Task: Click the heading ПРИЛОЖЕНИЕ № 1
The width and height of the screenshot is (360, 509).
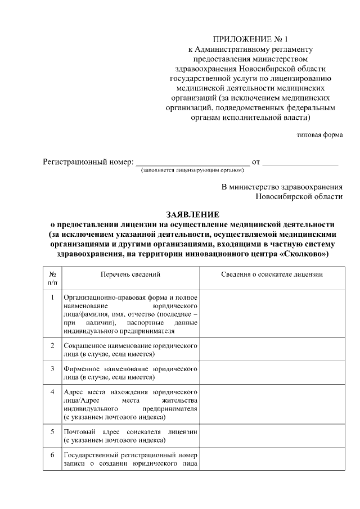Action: [250, 39]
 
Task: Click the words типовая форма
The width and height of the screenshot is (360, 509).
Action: [319, 135]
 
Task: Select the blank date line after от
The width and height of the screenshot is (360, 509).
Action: [300, 163]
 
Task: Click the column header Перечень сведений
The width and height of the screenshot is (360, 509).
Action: [130, 274]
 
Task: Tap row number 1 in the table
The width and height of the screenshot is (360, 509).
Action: [52, 296]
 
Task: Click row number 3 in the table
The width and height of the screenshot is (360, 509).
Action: [52, 369]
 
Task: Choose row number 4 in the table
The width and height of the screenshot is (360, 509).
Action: [52, 391]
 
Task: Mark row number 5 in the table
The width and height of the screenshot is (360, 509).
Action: [52, 432]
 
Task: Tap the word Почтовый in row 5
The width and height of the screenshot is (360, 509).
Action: [80, 432]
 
